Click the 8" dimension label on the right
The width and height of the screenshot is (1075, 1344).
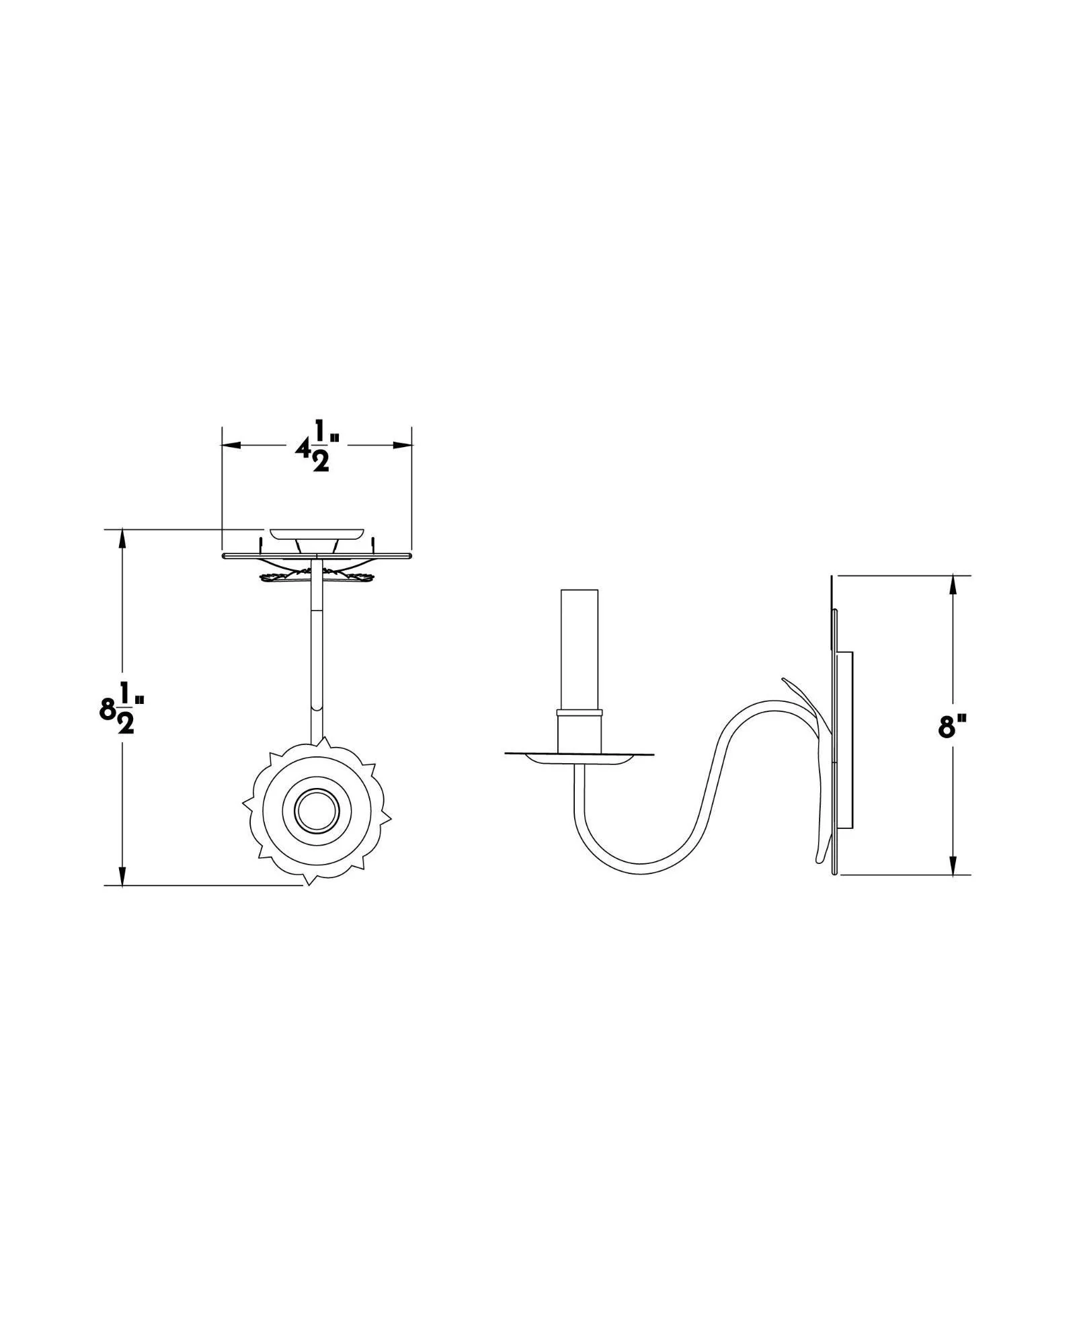pyautogui.click(x=952, y=727)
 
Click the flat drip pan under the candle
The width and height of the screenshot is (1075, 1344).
pyautogui.click(x=579, y=756)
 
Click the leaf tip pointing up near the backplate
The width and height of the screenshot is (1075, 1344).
pyautogui.click(x=788, y=682)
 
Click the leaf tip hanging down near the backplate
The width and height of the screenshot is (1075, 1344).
pyautogui.click(x=819, y=857)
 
